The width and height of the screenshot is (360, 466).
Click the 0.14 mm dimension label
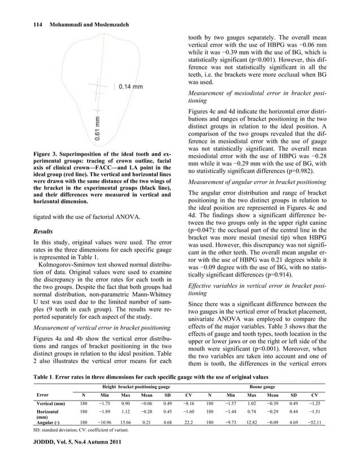pos(130,86)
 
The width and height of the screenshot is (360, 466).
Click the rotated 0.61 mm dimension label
pos(98,128)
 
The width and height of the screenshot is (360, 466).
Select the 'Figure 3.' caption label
pos(32,153)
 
